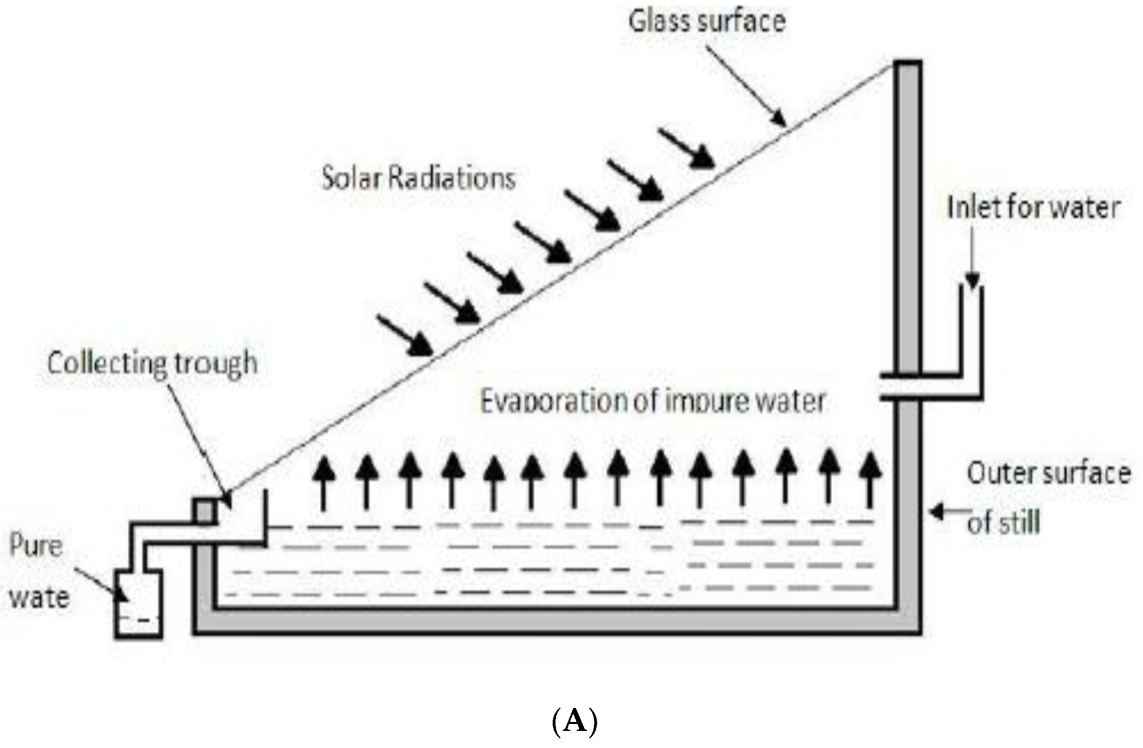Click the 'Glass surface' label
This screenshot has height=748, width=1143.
[707, 22]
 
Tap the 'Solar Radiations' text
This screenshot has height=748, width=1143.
[419, 178]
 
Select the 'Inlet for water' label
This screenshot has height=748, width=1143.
[1033, 207]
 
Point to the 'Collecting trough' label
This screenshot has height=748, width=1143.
[152, 363]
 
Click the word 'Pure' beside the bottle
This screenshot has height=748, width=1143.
[35, 546]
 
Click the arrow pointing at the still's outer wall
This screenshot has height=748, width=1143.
[948, 512]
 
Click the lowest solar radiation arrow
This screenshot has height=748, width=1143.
[404, 335]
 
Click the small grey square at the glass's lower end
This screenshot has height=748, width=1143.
[204, 511]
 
